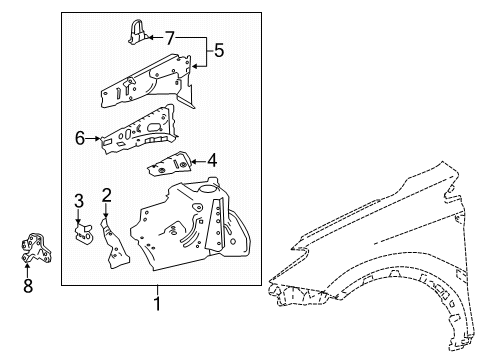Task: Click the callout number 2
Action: pos(106,194)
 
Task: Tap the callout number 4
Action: pos(212,158)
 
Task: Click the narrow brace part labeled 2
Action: pos(112,240)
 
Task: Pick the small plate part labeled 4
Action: pos(168,165)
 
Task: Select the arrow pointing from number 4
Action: pos(198,158)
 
